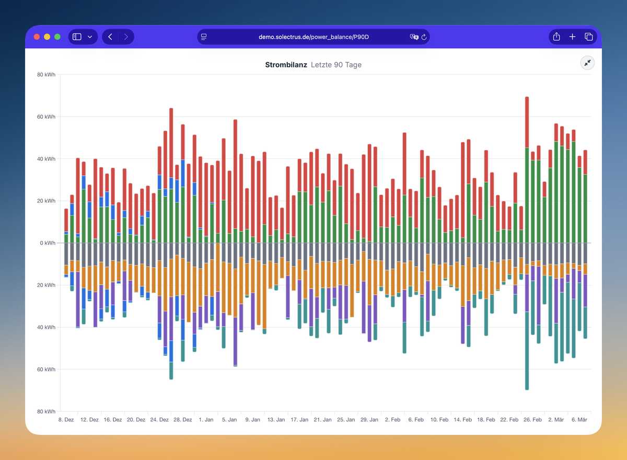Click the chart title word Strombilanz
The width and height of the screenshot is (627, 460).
(286, 65)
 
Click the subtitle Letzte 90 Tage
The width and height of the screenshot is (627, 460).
(336, 65)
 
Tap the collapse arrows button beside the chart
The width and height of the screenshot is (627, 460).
(588, 63)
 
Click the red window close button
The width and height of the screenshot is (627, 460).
(37, 37)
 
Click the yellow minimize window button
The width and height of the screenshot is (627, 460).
(47, 37)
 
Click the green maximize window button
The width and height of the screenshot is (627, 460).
(57, 37)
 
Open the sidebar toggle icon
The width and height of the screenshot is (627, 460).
(77, 37)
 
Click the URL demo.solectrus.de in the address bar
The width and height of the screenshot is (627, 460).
(313, 37)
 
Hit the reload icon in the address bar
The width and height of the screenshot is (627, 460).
(424, 37)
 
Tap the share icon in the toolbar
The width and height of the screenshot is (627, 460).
(556, 37)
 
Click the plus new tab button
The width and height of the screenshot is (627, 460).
(573, 37)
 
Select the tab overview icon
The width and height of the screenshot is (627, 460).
(589, 37)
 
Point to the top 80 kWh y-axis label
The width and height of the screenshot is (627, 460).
(46, 75)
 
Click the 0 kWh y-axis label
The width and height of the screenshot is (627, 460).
(47, 243)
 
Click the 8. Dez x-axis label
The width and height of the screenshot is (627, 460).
(66, 420)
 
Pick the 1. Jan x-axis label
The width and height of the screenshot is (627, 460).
(205, 420)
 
